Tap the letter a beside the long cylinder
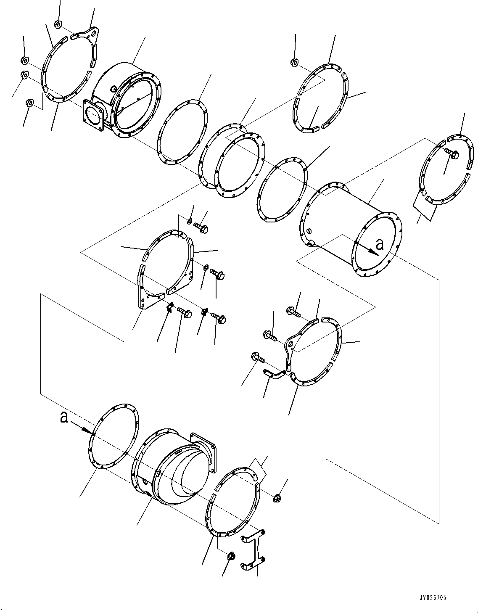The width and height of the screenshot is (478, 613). [x=380, y=245]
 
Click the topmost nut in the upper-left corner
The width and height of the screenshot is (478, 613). [x=57, y=24]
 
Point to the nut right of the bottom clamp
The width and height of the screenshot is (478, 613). [x=276, y=498]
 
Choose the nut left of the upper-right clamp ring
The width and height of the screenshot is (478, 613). [x=294, y=62]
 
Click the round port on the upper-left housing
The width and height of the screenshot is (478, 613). [x=114, y=89]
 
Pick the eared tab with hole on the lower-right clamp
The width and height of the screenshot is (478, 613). [x=290, y=343]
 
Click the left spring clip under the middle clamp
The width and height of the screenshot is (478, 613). [x=169, y=307]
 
